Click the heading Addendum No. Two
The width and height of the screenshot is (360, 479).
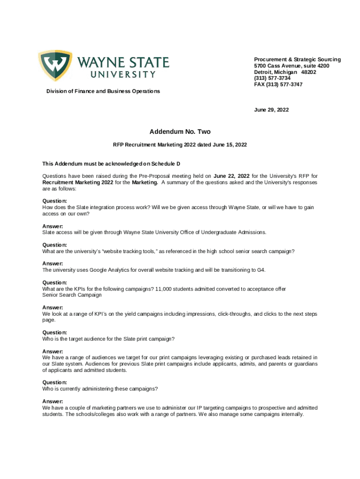180,132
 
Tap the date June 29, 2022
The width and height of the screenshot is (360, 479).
271,110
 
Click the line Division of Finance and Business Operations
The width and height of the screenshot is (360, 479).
103,91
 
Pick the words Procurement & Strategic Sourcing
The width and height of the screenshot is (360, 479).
297,59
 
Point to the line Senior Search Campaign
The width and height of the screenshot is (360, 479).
72,295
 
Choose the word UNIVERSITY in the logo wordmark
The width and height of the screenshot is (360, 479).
123,74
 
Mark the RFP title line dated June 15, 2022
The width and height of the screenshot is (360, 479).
180,145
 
